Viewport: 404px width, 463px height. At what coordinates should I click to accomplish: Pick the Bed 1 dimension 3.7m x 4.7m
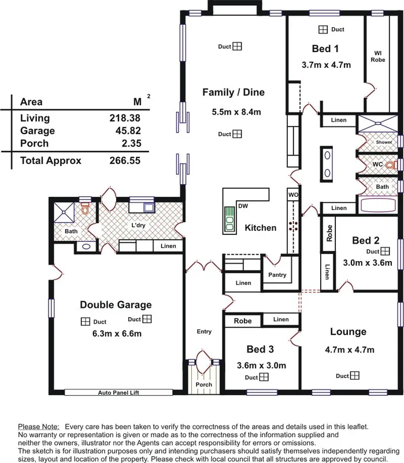pyautogui.click(x=326, y=65)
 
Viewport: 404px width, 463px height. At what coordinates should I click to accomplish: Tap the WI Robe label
pyautogui.click(x=377, y=56)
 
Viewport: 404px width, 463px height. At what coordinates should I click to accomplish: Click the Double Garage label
pyautogui.click(x=116, y=305)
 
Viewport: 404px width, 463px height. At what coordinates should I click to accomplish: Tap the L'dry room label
pyautogui.click(x=138, y=225)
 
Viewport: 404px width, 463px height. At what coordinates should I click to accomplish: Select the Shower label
pyautogui.click(x=384, y=142)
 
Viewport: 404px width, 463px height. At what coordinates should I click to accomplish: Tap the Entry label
pyautogui.click(x=204, y=332)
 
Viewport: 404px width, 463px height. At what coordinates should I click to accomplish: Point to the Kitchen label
pyautogui.click(x=260, y=228)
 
